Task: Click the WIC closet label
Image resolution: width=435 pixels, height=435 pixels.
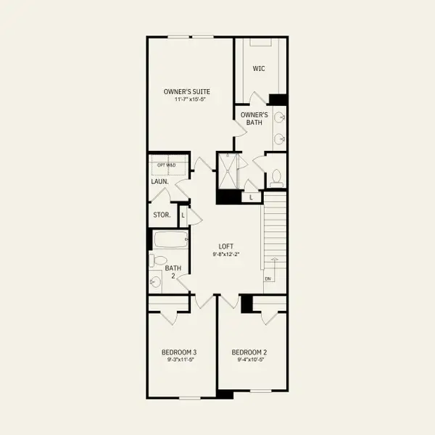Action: click(x=258, y=69)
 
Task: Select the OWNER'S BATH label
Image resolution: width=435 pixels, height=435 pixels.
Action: click(x=254, y=118)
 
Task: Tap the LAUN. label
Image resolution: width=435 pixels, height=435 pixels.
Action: click(x=160, y=182)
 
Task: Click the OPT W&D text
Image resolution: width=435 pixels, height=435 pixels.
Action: click(x=167, y=165)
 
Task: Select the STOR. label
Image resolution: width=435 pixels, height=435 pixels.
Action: click(x=162, y=215)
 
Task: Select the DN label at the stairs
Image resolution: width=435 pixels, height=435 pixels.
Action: click(x=268, y=278)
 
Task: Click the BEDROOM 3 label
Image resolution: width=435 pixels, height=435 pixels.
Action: click(x=179, y=352)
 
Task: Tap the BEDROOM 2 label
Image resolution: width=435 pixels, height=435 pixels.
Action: click(x=249, y=352)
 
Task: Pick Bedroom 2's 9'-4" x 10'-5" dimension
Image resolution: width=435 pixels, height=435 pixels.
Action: click(x=249, y=360)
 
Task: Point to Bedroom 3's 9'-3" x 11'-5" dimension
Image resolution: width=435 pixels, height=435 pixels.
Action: click(x=179, y=360)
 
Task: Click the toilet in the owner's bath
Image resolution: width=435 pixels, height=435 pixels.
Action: click(x=276, y=176)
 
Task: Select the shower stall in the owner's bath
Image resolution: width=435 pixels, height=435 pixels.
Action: click(x=228, y=170)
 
